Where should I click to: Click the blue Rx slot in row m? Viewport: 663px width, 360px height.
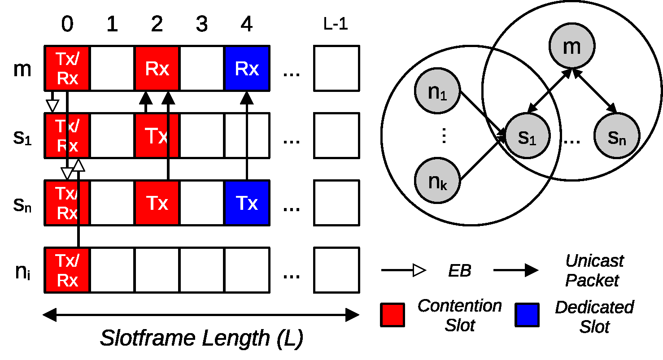247,68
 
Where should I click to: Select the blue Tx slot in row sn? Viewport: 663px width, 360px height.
247,203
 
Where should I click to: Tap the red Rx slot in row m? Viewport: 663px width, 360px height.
157,68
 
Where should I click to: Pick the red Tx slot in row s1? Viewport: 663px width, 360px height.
157,135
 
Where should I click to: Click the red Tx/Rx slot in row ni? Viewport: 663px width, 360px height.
67,270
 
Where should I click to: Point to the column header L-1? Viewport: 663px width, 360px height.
336,25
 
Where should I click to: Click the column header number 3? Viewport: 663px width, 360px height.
202,25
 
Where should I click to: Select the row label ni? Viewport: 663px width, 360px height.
22,272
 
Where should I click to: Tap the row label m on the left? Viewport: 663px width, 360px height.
22,69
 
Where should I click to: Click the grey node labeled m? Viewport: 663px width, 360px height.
571,46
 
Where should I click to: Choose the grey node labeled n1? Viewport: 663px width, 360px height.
437,92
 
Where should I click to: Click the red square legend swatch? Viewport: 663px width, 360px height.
392,314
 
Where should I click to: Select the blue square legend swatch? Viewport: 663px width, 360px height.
527,314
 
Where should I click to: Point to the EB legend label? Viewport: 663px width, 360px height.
460,271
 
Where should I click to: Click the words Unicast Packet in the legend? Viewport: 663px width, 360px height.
593,270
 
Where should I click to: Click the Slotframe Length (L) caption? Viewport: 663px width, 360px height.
201,338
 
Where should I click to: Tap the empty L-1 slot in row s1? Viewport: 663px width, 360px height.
336,135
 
